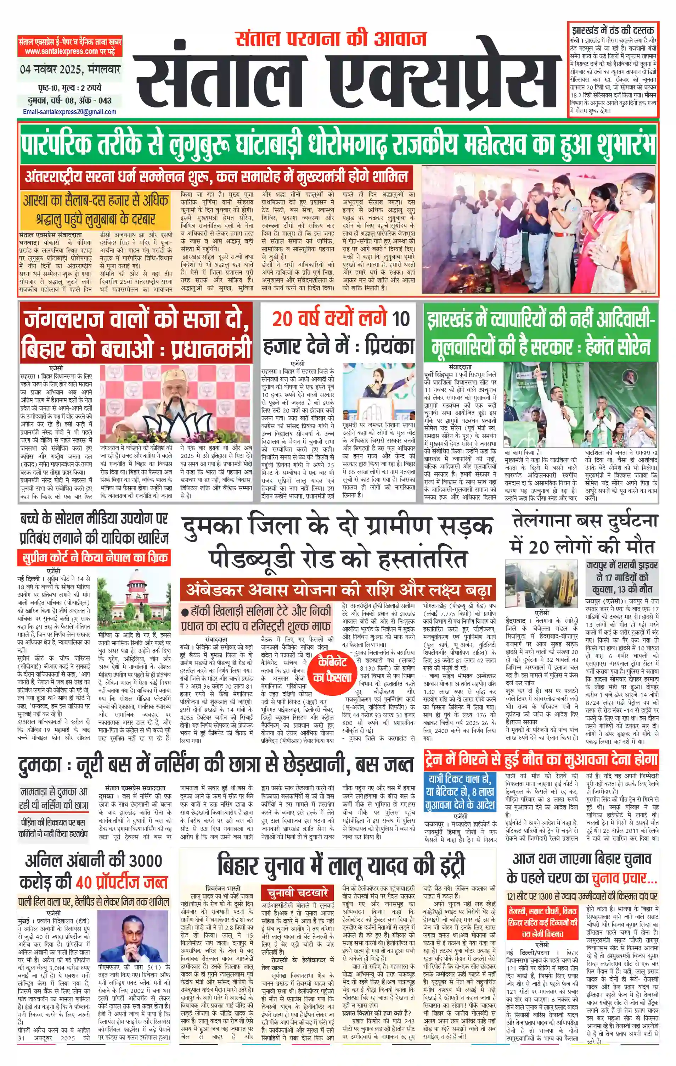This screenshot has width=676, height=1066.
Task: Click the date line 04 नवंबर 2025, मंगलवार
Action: click(70, 70)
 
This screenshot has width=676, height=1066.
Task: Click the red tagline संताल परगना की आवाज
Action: click(331, 39)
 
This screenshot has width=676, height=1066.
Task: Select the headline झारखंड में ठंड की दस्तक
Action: click(613, 30)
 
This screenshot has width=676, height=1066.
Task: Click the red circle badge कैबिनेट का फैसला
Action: click(332, 670)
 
